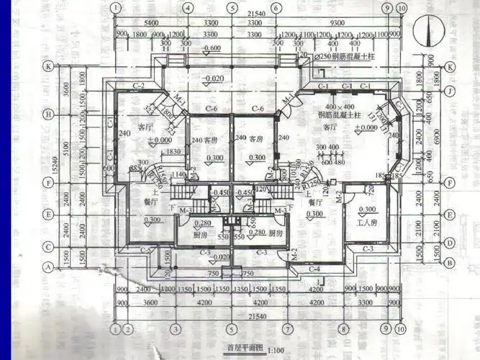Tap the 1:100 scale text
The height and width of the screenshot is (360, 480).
tap(275, 350)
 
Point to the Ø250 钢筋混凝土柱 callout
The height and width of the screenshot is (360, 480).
tap(348, 56)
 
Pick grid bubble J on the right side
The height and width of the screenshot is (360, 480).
tap(450, 91)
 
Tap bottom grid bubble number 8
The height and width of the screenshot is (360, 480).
tap(345, 328)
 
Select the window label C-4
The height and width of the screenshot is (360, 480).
tap(314, 269)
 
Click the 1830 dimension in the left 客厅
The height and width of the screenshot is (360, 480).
tap(173, 152)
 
